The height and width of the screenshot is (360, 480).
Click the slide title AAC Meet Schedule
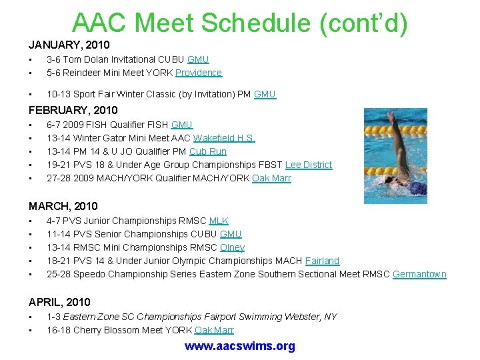239,23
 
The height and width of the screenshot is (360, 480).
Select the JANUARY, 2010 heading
69,45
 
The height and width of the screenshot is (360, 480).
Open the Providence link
199,73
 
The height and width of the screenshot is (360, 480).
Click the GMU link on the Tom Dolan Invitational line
198,59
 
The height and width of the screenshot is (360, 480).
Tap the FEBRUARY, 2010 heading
73,110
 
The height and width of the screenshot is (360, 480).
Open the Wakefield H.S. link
223,138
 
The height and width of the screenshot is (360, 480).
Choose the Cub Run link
208,151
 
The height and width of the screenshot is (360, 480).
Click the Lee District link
308,165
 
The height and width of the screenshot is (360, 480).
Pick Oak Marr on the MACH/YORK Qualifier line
271,178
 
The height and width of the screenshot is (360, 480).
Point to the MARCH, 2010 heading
63,206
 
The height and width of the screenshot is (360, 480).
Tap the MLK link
219,221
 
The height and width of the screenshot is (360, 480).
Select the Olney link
232,247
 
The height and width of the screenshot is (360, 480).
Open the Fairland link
322,261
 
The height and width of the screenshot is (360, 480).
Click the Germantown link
419,274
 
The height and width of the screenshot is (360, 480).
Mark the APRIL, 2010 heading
59,302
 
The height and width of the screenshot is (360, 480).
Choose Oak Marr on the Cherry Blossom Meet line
214,330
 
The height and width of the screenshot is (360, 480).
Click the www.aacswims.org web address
239,346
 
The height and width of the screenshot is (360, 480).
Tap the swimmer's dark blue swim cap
417,189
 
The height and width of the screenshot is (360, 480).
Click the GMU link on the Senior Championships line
231,234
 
